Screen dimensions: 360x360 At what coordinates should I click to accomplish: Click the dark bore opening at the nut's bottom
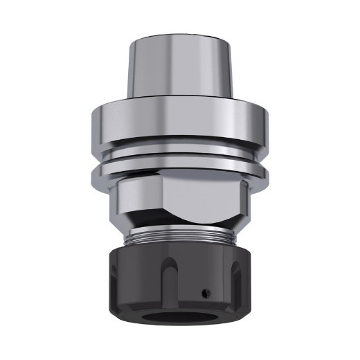coord(178,320)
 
